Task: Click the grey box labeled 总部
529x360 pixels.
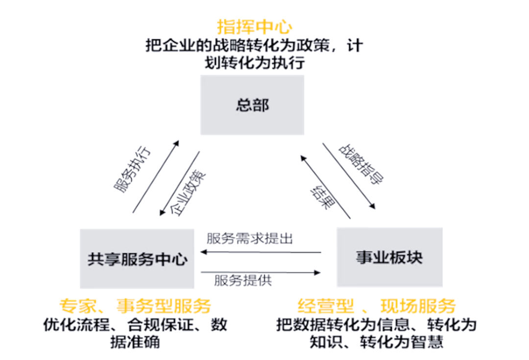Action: (252, 105)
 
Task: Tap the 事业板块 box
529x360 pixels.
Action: (389, 257)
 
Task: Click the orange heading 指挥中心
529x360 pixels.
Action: (254, 26)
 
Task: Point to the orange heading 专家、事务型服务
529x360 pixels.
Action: (135, 306)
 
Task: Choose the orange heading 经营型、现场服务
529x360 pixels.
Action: (377, 306)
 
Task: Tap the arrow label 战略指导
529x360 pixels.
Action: (361, 164)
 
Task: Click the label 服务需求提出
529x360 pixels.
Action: (249, 239)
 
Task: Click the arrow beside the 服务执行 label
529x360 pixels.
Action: (156, 176)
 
